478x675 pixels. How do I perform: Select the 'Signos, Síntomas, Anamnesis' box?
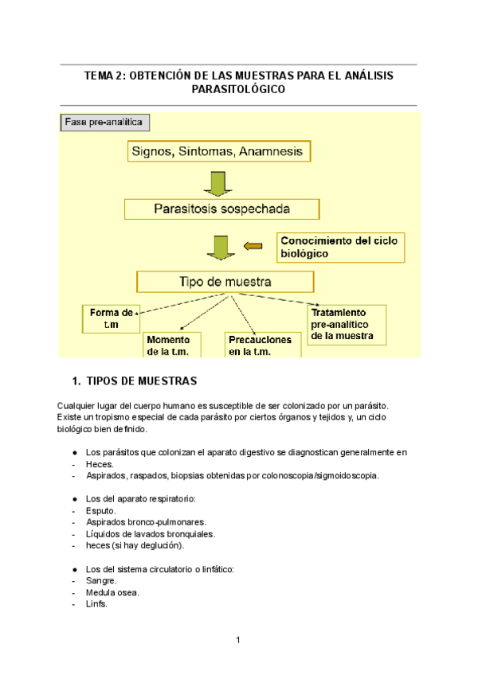point(216,151)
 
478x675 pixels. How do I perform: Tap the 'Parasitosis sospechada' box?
point(222,209)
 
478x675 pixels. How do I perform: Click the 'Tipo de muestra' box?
point(225,282)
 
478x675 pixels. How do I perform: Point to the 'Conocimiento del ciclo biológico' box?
point(341,247)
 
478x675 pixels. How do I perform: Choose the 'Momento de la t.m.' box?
point(172,345)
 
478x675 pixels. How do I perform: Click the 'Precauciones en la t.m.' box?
point(260,345)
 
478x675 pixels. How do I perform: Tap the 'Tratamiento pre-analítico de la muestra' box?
point(346,325)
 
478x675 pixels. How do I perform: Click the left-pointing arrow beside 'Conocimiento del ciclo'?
point(253,247)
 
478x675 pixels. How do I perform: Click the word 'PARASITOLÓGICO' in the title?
point(239,90)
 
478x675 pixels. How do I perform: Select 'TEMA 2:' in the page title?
point(105,76)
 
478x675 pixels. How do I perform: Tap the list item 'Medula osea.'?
point(112,592)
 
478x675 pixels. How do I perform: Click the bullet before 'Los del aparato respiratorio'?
point(74,499)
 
